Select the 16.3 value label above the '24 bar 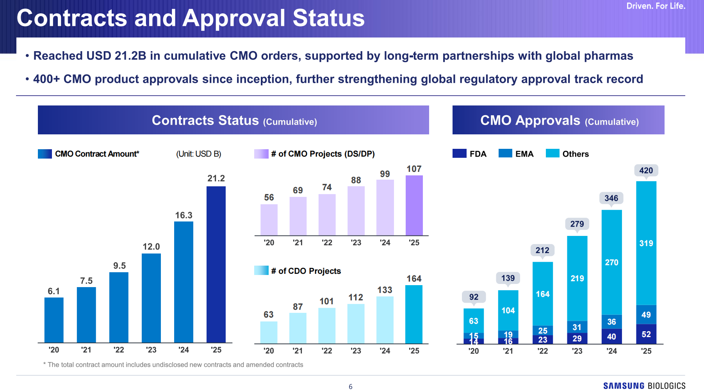pyautogui.click(x=184, y=215)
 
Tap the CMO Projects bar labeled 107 pyautogui.click(x=414, y=205)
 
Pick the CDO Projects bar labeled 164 pyautogui.click(x=414, y=314)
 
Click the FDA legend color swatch pyautogui.click(x=459, y=154)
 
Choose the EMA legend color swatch pyautogui.click(x=505, y=154)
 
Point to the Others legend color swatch pyautogui.click(x=553, y=154)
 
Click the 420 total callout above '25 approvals pyautogui.click(x=646, y=170)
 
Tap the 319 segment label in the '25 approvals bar pyautogui.click(x=646, y=243)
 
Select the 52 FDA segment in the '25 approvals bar pyautogui.click(x=646, y=334)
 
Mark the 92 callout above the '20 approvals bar pyautogui.click(x=474, y=297)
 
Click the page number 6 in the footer pyautogui.click(x=350, y=387)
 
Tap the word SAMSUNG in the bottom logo pyautogui.click(x=624, y=386)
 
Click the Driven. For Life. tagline pyautogui.click(x=656, y=6)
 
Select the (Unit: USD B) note pyautogui.click(x=198, y=154)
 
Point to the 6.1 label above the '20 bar pyautogui.click(x=54, y=291)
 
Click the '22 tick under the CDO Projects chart pyautogui.click(x=327, y=351)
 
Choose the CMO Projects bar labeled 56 pyautogui.click(x=269, y=220)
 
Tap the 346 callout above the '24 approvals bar pyautogui.click(x=611, y=198)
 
